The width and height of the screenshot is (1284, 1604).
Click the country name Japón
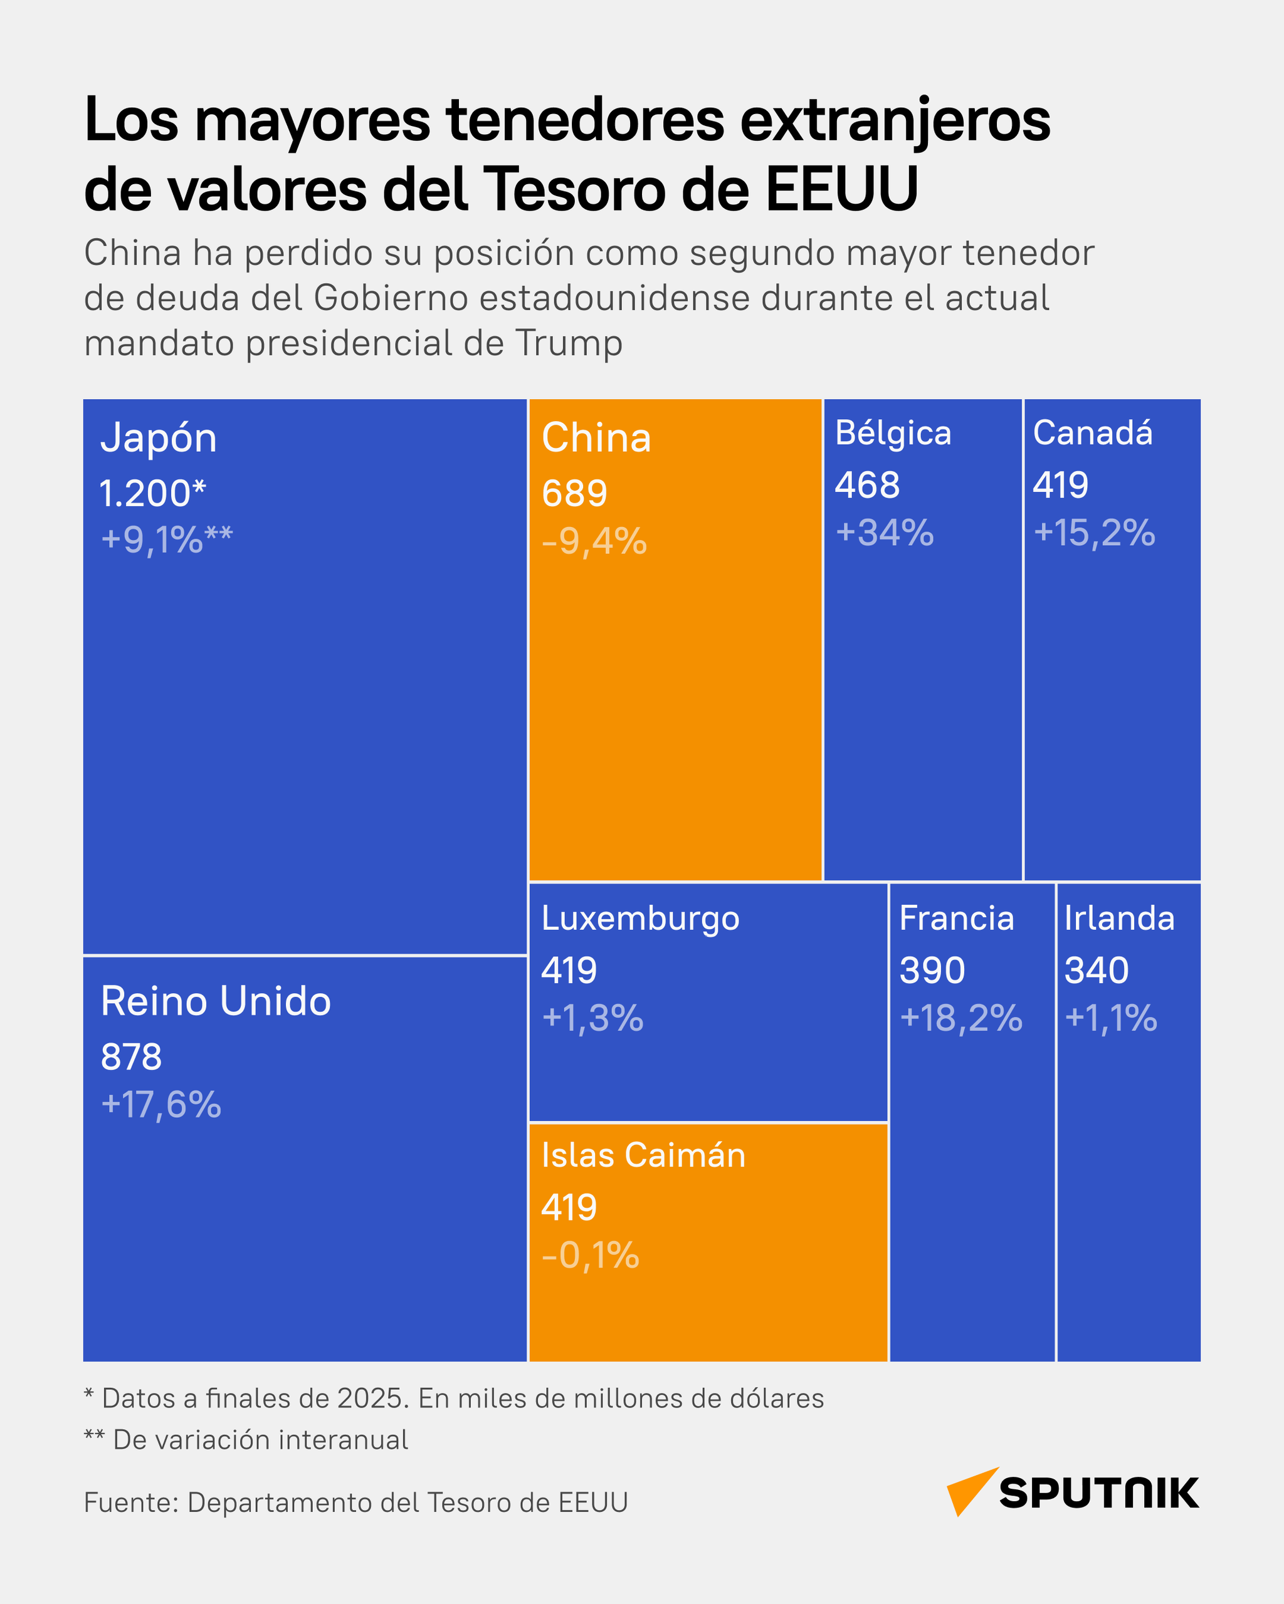pyautogui.click(x=159, y=438)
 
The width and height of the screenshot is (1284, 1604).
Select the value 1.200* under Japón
pyautogui.click(x=152, y=493)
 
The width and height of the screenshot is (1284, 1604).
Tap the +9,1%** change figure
pyautogui.click(x=167, y=539)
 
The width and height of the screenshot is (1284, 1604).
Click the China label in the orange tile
pyautogui.click(x=596, y=437)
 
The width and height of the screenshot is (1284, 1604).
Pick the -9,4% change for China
pyautogui.click(x=594, y=541)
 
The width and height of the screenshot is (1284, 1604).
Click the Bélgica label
pyautogui.click(x=893, y=433)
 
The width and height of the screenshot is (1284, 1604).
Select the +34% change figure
pyautogui.click(x=884, y=533)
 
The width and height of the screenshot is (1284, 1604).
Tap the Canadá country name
pyautogui.click(x=1093, y=433)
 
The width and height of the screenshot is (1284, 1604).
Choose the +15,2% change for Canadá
pyautogui.click(x=1094, y=533)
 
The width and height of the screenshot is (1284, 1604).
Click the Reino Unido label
pyautogui.click(x=216, y=1001)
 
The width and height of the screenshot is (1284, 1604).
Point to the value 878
pyautogui.click(x=131, y=1056)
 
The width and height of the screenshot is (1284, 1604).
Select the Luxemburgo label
pyautogui.click(x=640, y=918)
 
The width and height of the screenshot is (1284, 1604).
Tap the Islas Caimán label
pyautogui.click(x=643, y=1155)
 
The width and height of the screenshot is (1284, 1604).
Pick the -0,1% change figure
pyautogui.click(x=590, y=1255)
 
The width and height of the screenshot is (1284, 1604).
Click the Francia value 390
pyautogui.click(x=932, y=970)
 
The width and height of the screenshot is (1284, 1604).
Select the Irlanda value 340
pyautogui.click(x=1097, y=970)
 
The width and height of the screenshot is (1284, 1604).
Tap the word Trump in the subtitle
pyautogui.click(x=569, y=344)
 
